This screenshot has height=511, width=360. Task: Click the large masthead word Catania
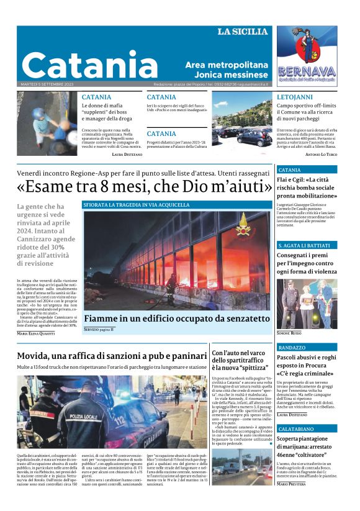89,65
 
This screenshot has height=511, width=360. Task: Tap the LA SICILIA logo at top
242,32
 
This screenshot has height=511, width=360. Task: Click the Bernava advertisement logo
307,57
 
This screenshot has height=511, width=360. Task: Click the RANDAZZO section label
292,348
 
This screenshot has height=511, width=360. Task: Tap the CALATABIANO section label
300,428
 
